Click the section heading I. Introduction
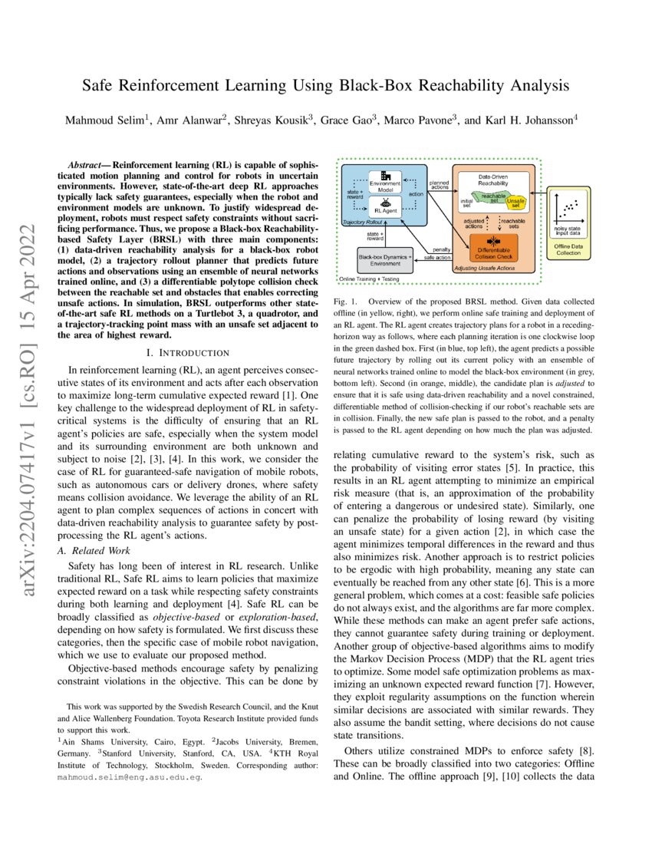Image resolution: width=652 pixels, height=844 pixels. click(x=187, y=352)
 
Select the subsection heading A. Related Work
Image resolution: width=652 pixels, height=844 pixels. click(x=95, y=550)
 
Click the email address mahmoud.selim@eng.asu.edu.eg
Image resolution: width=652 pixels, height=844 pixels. click(x=130, y=776)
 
